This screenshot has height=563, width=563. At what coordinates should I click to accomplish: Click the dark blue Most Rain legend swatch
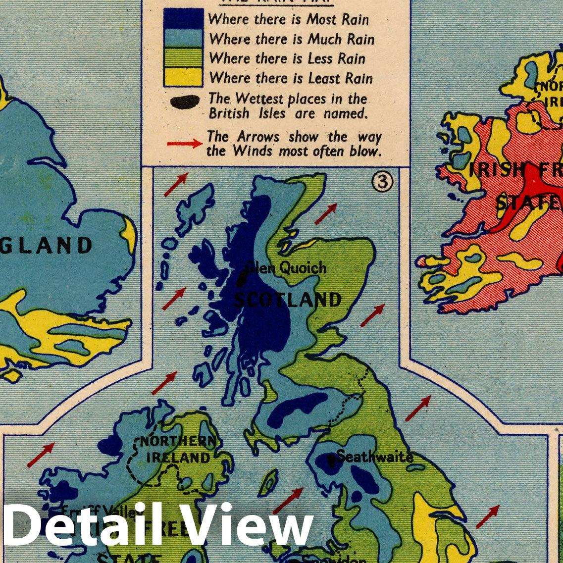click(183, 19)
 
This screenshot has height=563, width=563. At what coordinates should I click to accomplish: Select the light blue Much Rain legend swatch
click(183, 39)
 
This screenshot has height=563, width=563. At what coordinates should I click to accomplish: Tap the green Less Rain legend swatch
click(183, 58)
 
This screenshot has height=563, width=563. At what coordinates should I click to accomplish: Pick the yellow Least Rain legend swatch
click(183, 77)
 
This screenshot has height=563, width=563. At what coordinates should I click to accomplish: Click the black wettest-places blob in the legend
click(185, 102)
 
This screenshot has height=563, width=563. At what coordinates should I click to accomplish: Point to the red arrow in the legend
click(184, 144)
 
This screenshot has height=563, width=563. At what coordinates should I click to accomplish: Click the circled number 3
click(382, 183)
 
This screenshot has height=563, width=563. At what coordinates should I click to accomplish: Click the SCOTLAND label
click(288, 300)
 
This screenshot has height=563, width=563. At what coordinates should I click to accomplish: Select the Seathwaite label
click(375, 456)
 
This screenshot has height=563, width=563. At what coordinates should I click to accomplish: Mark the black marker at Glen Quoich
click(241, 279)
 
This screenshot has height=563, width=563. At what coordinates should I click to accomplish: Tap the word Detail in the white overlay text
click(82, 524)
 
